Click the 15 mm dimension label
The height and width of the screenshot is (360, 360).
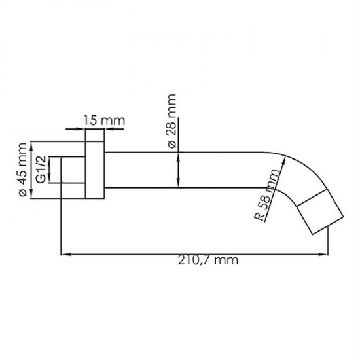pos(104,120)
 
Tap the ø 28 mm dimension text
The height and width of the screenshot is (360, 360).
pos(171,121)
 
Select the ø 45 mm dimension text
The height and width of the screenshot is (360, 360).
pos(22,170)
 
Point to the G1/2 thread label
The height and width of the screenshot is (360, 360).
pos(41,170)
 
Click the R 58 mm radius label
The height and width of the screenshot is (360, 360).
pos(266,195)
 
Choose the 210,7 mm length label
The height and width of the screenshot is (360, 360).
pos(208,261)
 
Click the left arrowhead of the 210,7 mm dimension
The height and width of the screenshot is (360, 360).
pos(65,254)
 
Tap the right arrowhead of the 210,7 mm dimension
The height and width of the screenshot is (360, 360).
pos(322,254)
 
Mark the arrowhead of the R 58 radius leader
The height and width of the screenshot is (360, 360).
pos(284,162)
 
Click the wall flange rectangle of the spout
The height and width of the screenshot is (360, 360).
pos(95,170)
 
